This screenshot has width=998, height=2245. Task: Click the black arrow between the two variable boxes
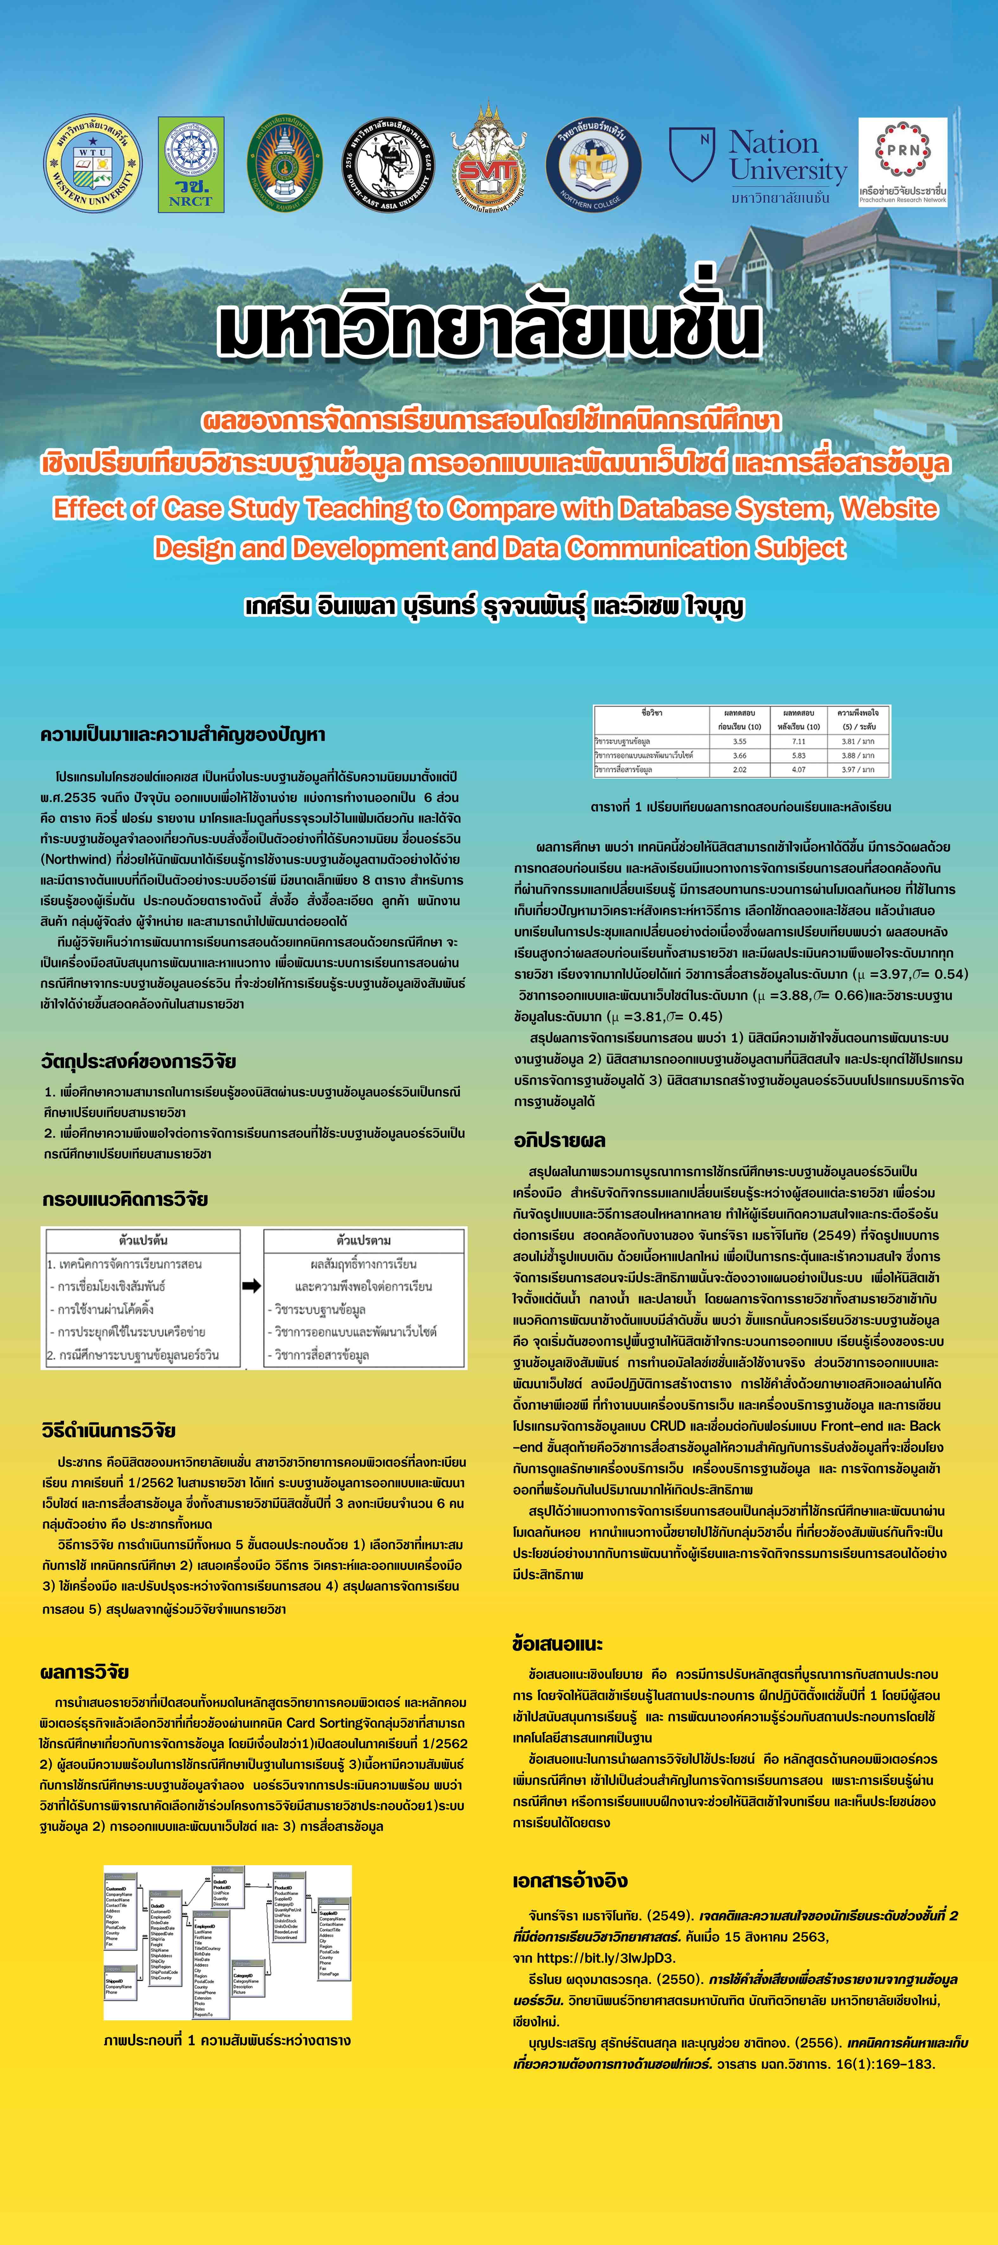coord(251,1285)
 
